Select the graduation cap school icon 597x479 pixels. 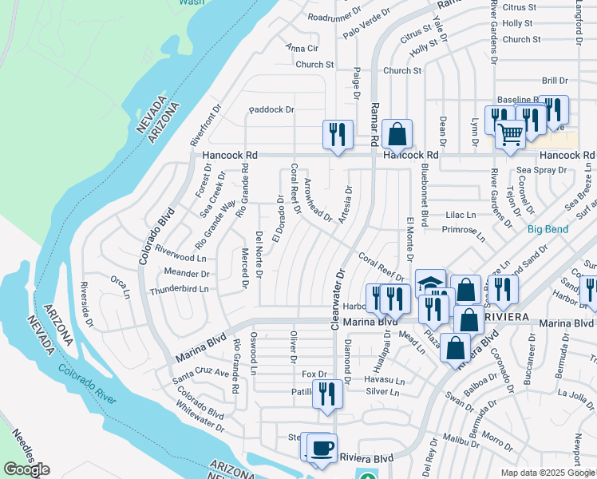430,283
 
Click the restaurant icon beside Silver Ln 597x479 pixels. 327,394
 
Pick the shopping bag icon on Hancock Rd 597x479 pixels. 396,133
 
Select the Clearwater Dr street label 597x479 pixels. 339,294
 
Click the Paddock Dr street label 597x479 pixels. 271,109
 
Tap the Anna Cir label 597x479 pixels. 302,47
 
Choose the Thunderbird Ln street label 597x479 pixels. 178,289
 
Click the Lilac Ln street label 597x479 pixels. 460,215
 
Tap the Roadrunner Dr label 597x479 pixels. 334,17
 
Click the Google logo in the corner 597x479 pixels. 26,469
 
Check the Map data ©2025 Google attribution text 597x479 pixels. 548,473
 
